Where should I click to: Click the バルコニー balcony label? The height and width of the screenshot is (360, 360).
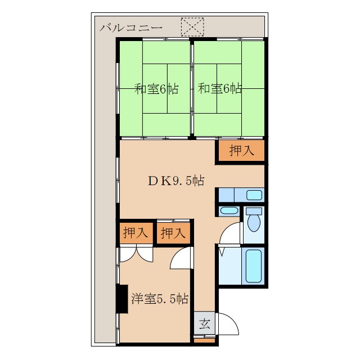(x=131, y=28)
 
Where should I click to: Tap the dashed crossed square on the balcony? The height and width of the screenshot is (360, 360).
(x=192, y=27)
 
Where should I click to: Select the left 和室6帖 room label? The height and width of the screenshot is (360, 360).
(x=156, y=89)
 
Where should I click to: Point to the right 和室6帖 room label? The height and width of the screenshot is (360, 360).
(x=219, y=89)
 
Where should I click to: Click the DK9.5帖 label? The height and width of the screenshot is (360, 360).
(x=176, y=181)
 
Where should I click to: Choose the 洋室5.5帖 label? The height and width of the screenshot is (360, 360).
(x=160, y=299)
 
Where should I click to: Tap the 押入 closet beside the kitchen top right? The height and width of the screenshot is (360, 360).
(x=241, y=151)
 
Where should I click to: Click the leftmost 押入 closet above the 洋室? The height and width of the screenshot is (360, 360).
(x=136, y=233)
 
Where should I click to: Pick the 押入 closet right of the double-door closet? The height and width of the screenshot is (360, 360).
(x=173, y=233)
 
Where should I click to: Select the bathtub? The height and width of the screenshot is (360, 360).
(x=254, y=266)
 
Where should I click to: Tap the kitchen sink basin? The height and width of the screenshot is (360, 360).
(x=254, y=195)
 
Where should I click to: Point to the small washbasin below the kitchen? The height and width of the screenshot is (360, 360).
(x=229, y=210)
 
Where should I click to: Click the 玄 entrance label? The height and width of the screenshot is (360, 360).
(x=205, y=324)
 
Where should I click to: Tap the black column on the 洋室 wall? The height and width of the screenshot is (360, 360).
(x=121, y=299)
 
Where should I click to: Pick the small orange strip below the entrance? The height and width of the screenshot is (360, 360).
(x=205, y=341)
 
